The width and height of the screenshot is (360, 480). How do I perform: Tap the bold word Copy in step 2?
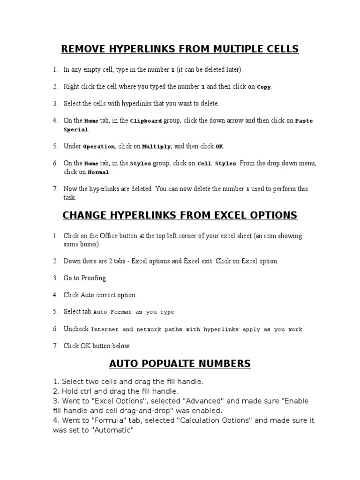click(264, 87)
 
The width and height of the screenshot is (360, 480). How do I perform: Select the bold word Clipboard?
click(146, 121)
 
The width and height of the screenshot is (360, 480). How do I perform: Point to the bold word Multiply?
click(157, 147)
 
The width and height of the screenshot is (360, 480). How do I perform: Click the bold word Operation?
click(98, 147)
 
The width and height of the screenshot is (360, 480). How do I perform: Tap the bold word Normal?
click(98, 172)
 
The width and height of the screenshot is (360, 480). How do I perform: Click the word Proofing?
click(94, 278)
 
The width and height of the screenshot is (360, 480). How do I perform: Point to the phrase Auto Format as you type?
click(134, 312)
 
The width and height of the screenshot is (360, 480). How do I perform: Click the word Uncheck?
click(76, 329)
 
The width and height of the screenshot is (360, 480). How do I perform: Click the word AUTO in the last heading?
click(121, 363)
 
